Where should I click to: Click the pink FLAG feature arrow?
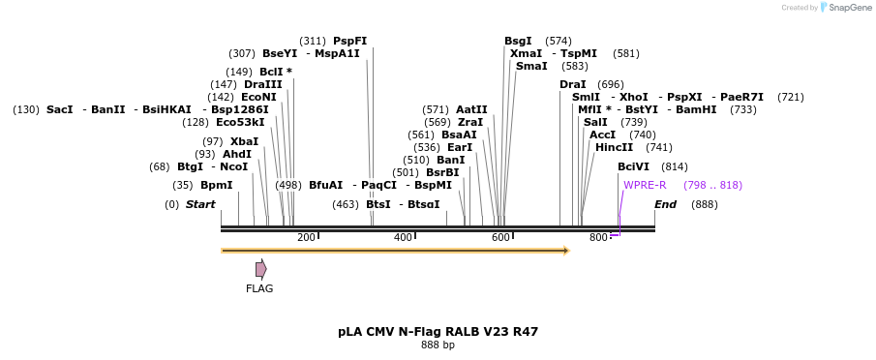(x=260, y=269)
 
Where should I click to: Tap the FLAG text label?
(x=259, y=288)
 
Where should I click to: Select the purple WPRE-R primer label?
(x=645, y=185)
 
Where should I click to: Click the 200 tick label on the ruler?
(x=306, y=238)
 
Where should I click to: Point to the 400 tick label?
(x=403, y=238)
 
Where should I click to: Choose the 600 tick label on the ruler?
(x=500, y=238)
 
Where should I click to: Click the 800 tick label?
(x=598, y=238)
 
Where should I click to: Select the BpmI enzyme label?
(x=217, y=185)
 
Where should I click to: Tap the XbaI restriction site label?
(x=244, y=141)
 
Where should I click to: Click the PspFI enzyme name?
(x=349, y=41)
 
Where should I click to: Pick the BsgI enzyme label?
(x=518, y=41)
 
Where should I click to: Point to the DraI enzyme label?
(x=573, y=84)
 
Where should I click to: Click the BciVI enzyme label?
(x=634, y=166)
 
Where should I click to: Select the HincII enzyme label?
(x=614, y=147)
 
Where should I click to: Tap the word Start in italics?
(x=200, y=204)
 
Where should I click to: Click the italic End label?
(x=665, y=204)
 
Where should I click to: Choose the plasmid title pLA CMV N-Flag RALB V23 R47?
(x=438, y=331)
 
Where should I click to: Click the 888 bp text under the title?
(x=438, y=345)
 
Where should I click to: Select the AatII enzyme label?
(x=471, y=109)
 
